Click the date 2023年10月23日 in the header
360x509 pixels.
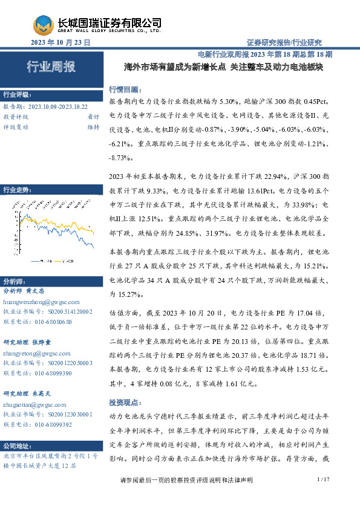[60, 42]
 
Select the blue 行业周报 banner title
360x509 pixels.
[51, 67]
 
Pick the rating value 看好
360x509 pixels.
[93, 117]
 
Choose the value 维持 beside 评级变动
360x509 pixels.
[93, 127]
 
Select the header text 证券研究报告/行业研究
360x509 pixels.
[284, 42]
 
